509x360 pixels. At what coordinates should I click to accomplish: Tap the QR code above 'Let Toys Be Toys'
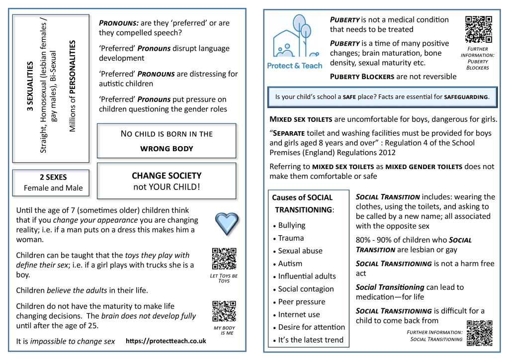(x=224, y=259)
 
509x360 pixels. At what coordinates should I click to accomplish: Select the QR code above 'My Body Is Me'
(x=224, y=312)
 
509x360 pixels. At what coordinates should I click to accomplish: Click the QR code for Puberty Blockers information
(x=479, y=29)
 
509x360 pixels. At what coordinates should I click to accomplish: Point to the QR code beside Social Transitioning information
(x=480, y=333)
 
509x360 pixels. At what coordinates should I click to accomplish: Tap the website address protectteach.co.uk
(x=166, y=341)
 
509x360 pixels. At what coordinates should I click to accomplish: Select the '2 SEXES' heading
(x=53, y=177)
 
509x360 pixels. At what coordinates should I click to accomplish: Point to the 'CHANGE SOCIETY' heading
(x=167, y=176)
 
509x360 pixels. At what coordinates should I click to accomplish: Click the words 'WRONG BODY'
(x=167, y=148)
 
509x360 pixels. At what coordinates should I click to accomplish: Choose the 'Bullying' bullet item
(x=292, y=225)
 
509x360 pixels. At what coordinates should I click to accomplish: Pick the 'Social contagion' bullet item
(x=306, y=289)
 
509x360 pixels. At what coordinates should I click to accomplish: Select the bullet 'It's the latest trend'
(x=311, y=340)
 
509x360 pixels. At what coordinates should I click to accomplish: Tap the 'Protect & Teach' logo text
(x=294, y=65)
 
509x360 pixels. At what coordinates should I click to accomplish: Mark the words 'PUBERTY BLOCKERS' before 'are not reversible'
(x=362, y=77)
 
